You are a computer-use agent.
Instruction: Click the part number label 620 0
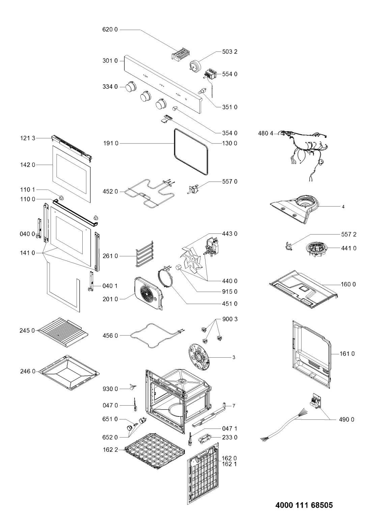point(110,30)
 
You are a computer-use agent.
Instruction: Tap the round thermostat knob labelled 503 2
point(196,65)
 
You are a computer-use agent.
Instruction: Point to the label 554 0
point(230,74)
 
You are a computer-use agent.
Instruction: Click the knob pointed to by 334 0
point(130,87)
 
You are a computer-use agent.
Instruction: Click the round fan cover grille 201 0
point(149,293)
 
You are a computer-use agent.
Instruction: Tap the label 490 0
point(346,419)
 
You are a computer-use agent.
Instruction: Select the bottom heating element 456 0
point(157,336)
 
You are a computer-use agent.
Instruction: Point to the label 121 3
point(27,138)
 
